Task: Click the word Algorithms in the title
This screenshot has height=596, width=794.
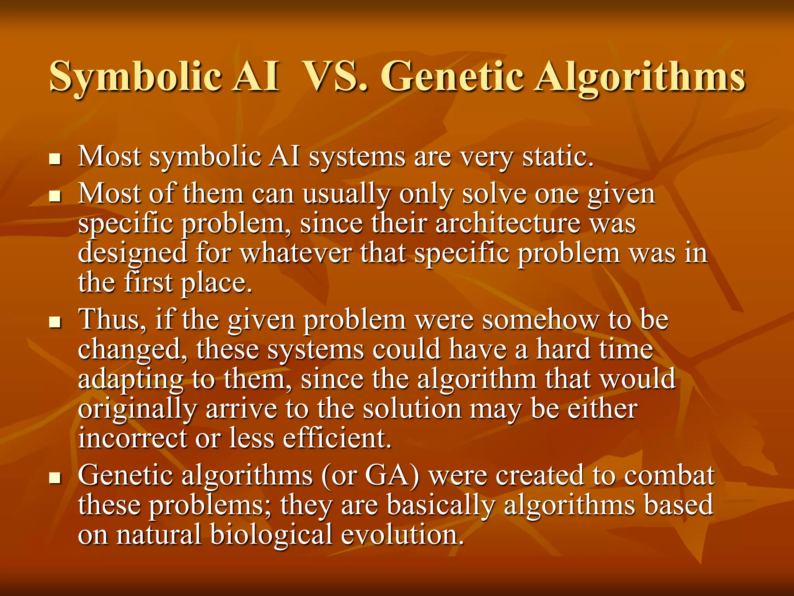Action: (640, 77)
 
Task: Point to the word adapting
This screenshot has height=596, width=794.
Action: (130, 380)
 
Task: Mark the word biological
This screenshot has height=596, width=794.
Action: (271, 535)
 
